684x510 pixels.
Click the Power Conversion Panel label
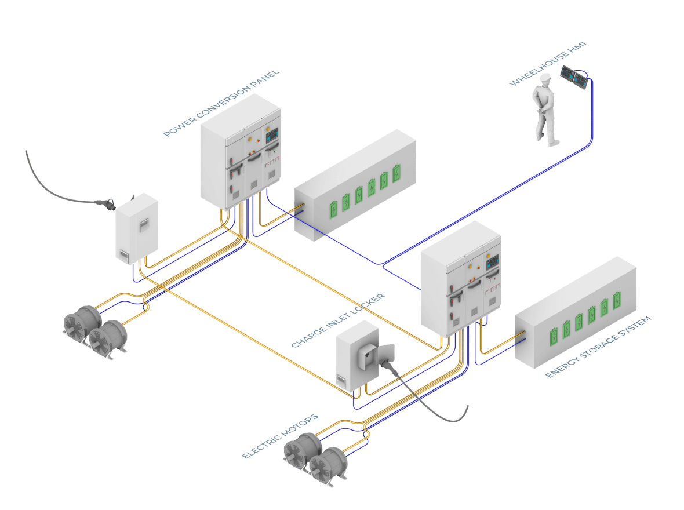[x=221, y=103]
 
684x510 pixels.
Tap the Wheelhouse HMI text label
[x=548, y=64]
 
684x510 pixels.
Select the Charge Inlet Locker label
[x=338, y=320]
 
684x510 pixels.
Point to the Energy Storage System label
[x=598, y=347]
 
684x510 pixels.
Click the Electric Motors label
[x=280, y=436]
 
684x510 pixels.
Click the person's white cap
[x=545, y=78]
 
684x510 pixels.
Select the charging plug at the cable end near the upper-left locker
[x=107, y=204]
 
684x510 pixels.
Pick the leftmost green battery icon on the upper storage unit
[x=334, y=209]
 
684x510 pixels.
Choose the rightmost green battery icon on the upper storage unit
[x=396, y=173]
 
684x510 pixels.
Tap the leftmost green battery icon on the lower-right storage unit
[x=554, y=336]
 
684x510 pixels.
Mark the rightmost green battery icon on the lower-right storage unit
[x=617, y=300]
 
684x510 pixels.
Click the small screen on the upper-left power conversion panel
[x=272, y=135]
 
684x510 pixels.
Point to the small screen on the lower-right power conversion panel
[x=493, y=263]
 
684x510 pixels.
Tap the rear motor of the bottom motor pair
[x=303, y=451]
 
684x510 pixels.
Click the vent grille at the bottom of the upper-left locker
[x=124, y=255]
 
